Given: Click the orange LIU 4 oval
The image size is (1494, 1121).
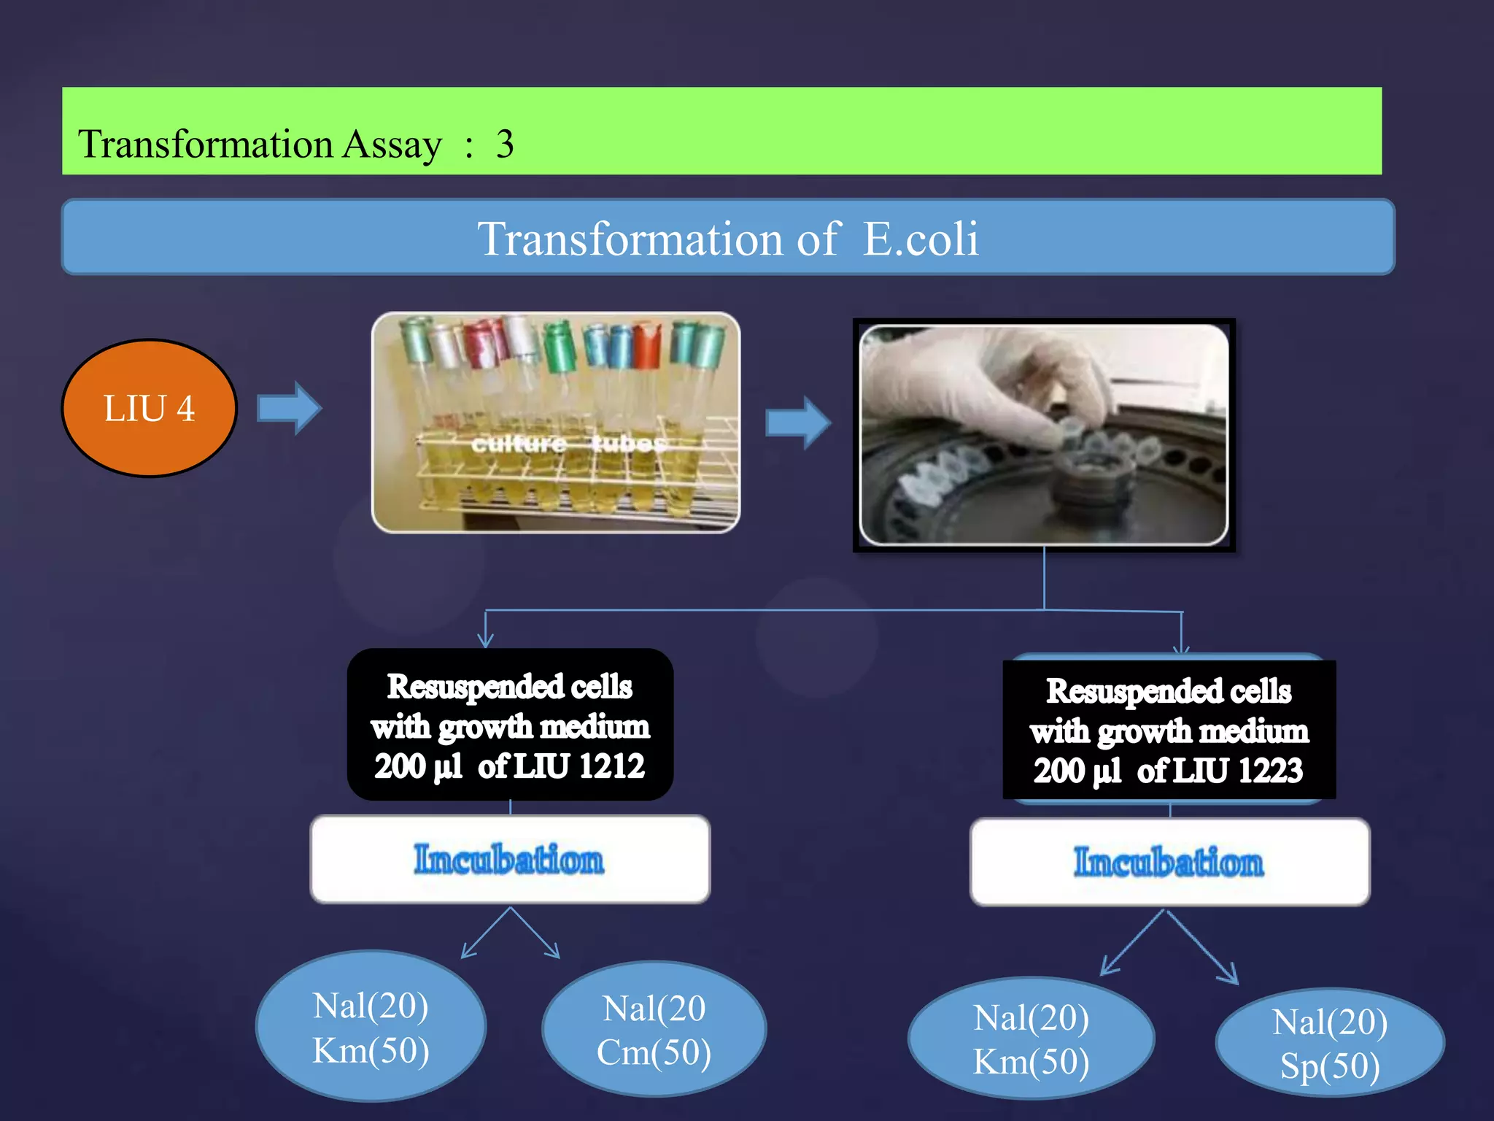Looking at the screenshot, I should (x=150, y=408).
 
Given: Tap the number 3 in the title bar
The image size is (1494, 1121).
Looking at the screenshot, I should (x=505, y=144).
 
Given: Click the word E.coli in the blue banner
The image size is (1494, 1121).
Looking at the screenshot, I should (x=921, y=239).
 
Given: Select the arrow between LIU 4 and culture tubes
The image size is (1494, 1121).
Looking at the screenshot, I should (x=290, y=408).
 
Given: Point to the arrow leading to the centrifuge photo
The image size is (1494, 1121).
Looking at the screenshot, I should (x=798, y=423).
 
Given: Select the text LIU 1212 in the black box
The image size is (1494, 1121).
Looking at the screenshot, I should (x=579, y=766).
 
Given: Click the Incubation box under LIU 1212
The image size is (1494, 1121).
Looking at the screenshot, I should (x=510, y=859).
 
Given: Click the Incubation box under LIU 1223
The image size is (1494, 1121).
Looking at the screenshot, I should (x=1169, y=862).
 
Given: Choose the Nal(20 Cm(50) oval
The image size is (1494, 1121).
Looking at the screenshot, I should (x=654, y=1030).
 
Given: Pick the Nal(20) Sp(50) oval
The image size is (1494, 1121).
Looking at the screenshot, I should (x=1330, y=1043).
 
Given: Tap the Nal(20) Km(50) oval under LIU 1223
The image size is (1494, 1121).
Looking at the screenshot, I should (x=1031, y=1039).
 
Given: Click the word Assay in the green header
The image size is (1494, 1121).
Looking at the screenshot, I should (x=392, y=145).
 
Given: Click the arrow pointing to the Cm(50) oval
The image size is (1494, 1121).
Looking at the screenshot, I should (x=537, y=934).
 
